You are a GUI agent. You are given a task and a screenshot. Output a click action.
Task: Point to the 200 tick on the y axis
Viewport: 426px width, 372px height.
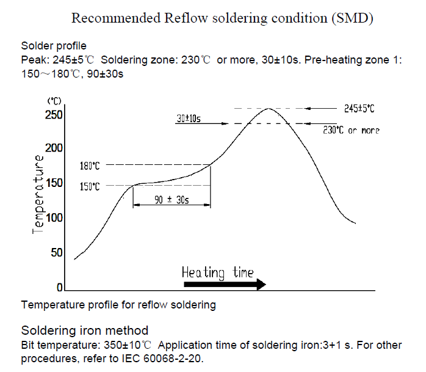pyautogui.click(x=54, y=148)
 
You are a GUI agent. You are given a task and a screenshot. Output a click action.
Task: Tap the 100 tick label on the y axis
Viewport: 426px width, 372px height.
pyautogui.click(x=54, y=218)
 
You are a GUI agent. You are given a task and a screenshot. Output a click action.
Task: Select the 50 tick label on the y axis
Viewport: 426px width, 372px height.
pyautogui.click(x=56, y=253)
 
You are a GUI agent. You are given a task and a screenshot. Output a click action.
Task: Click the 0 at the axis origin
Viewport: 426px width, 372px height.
pyautogui.click(x=59, y=287)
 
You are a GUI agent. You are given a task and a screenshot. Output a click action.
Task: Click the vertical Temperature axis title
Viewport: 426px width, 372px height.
pyautogui.click(x=38, y=194)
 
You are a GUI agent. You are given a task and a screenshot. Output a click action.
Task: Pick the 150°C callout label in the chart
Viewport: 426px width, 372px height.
pyautogui.click(x=90, y=187)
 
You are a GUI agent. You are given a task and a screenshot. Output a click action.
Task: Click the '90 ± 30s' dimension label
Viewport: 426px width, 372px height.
pyautogui.click(x=171, y=200)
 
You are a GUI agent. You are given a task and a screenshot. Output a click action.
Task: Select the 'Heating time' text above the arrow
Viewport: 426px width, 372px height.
pyautogui.click(x=218, y=272)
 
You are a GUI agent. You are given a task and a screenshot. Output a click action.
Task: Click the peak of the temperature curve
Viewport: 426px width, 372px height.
pyautogui.click(x=269, y=109)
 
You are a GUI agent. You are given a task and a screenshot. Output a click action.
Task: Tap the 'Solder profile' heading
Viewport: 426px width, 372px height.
pyautogui.click(x=54, y=46)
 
